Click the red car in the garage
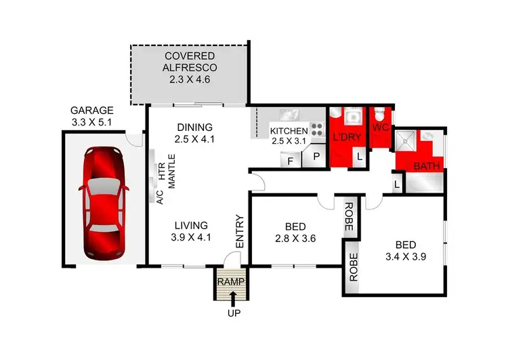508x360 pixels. pos(104,201)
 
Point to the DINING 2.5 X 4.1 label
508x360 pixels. pos(194,133)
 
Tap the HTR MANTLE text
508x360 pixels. pos(167,176)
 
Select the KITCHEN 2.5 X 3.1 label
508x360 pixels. pos(289,136)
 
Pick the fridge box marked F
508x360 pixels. pos(291,160)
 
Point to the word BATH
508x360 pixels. pos(427,166)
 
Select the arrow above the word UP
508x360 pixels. pos(233,298)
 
